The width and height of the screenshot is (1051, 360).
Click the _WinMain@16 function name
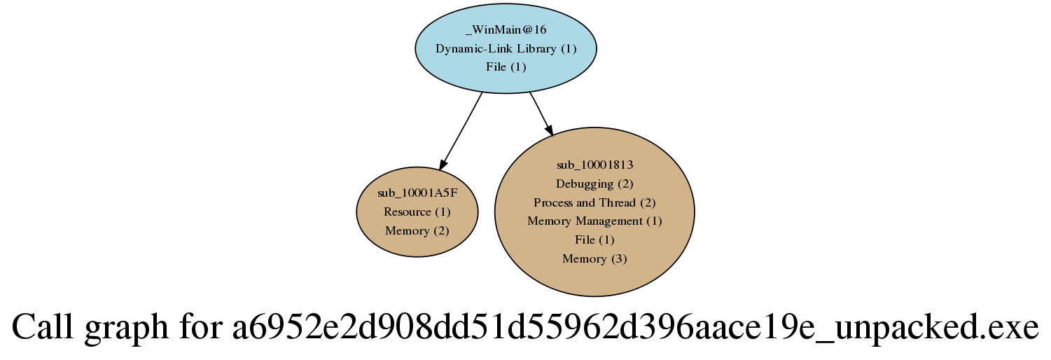506,29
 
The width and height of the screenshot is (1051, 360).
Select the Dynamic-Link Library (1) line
506,48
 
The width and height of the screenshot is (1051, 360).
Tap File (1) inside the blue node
506,67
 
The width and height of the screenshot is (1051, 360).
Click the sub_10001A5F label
417,193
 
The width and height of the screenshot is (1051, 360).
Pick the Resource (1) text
417,212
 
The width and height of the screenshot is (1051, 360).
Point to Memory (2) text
417,230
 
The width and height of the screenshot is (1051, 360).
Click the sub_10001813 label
594,165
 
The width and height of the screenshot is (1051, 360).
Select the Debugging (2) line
594,184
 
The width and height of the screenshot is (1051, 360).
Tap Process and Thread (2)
594,202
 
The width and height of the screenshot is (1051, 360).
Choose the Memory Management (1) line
594,221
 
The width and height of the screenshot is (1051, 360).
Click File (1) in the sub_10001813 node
594,240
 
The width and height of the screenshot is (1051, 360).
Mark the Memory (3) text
594,258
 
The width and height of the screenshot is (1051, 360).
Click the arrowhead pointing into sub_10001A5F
443,163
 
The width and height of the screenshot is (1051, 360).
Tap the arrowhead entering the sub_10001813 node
548,130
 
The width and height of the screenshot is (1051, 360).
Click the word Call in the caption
42,326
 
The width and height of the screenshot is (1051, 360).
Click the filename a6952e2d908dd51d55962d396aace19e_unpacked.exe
636,328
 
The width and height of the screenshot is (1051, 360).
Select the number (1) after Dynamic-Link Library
569,48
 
